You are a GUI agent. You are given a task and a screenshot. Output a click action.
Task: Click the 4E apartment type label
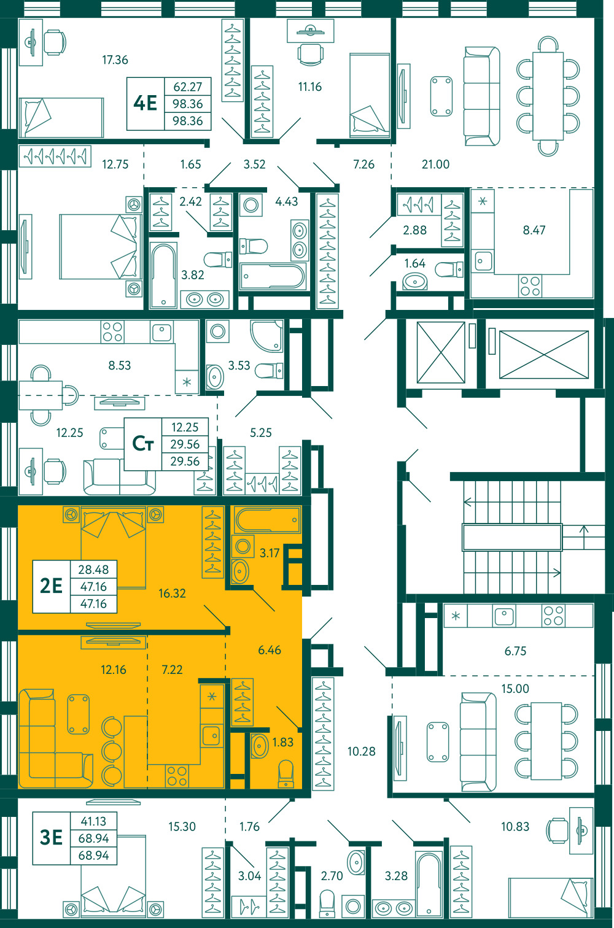145,103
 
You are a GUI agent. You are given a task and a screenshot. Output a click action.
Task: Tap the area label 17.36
115,60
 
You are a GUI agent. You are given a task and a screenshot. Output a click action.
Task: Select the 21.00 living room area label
435,164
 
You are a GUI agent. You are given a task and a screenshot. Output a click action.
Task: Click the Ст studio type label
142,444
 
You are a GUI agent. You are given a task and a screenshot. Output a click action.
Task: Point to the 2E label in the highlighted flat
51,586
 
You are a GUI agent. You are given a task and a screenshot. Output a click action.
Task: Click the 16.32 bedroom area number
172,594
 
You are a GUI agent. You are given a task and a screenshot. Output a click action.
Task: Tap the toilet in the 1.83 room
286,773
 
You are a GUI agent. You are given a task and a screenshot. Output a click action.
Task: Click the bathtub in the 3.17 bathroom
268,520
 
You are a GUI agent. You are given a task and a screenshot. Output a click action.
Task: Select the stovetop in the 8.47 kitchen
530,286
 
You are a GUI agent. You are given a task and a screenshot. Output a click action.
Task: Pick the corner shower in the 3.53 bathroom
266,336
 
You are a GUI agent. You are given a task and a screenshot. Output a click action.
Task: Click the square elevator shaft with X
441,352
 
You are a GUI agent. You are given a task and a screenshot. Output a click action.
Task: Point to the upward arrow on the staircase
584,532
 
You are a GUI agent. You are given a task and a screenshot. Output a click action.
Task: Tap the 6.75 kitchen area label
515,651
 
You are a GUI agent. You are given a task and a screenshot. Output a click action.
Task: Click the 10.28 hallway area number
361,751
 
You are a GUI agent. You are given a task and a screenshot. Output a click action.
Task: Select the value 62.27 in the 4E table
188,87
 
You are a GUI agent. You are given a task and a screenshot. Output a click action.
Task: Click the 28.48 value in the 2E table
93,570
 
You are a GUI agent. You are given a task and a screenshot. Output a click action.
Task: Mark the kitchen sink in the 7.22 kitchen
211,735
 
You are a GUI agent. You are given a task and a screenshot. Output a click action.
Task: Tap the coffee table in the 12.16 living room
79,714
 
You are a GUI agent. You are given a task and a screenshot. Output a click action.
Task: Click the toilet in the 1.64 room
449,269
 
